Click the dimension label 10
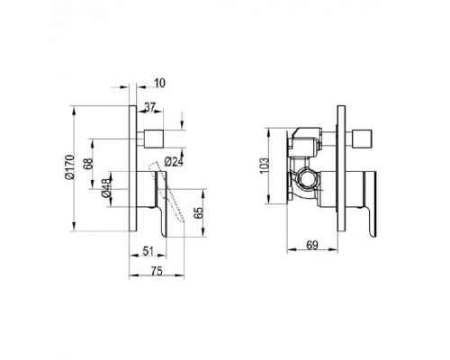pyautogui.click(x=160, y=83)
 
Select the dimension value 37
pyautogui.click(x=150, y=107)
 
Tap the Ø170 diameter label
pyautogui.click(x=69, y=167)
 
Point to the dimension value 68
pyautogui.click(x=88, y=164)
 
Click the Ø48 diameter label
pyautogui.click(x=106, y=187)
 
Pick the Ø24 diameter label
pyautogui.click(x=174, y=162)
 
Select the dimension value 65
pyautogui.click(x=199, y=212)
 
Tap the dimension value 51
pyautogui.click(x=148, y=251)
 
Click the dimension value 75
pyautogui.click(x=157, y=271)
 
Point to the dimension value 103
pyautogui.click(x=264, y=166)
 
